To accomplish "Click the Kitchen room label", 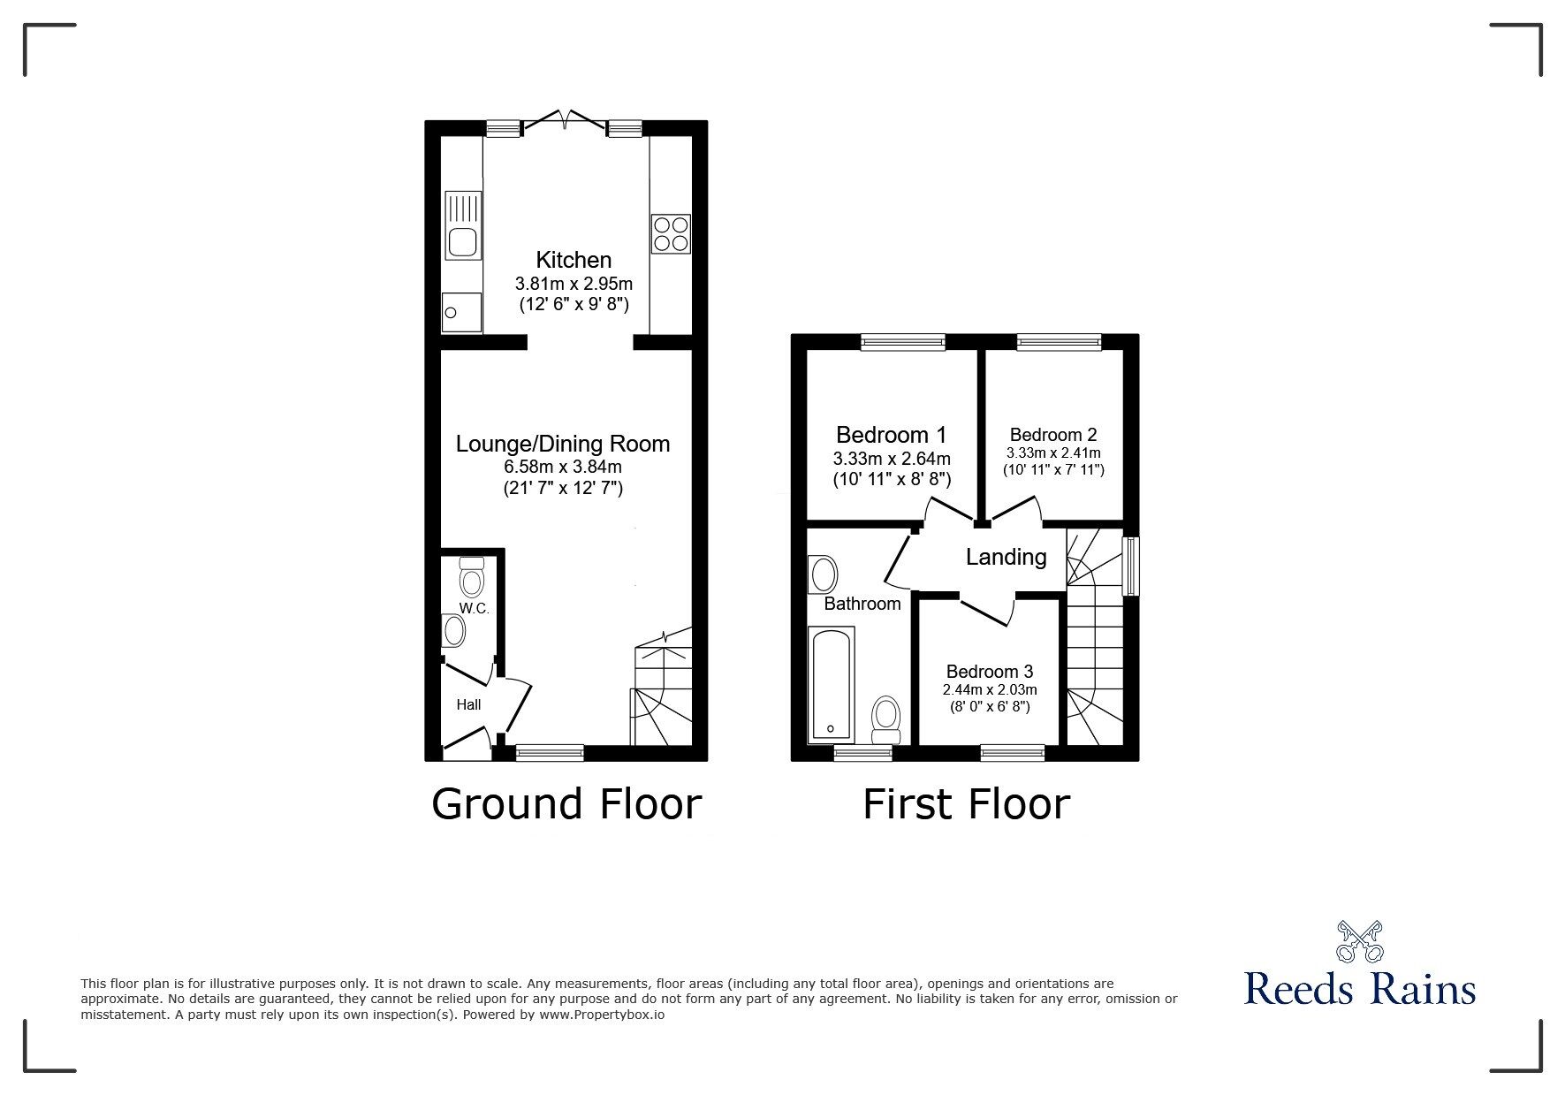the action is [574, 260].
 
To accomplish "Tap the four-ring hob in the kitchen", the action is [671, 233].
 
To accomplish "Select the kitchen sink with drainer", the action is [464, 224].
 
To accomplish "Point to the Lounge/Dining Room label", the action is [563, 444].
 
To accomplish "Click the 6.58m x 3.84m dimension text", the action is [563, 468].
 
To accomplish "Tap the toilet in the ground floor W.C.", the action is [472, 577].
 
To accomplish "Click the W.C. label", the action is [474, 609].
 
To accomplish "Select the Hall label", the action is [468, 704].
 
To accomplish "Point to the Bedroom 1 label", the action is [891, 435].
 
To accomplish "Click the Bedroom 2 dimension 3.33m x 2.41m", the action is [1053, 453].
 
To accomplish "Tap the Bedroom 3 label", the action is [990, 672].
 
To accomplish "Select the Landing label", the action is [1006, 557].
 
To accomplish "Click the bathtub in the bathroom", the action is [831, 684].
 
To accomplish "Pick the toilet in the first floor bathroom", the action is [885, 719].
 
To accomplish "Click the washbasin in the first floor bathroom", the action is [823, 574].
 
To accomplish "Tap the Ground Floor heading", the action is [566, 804].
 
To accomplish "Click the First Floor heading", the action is [966, 804].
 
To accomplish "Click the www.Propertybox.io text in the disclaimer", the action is [602, 1015].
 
